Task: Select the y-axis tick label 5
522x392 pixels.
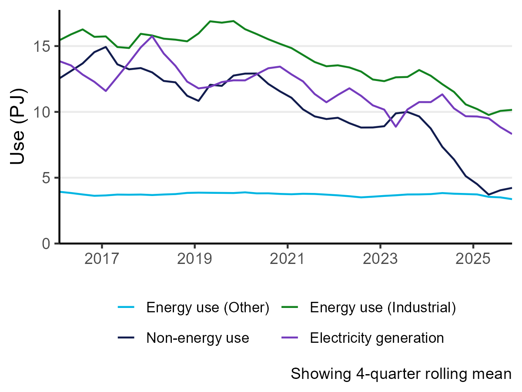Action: point(46,178)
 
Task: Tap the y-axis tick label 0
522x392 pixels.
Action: point(46,243)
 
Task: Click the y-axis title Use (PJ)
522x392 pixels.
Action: point(18,127)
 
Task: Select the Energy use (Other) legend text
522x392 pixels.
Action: point(208,308)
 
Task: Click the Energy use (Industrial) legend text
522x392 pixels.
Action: point(383,308)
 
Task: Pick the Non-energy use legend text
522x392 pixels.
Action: point(197,338)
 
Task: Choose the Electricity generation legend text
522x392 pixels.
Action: point(377,338)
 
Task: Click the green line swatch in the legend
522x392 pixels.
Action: point(290,308)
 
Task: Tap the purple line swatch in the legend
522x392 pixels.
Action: point(290,338)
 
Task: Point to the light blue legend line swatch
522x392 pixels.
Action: point(127,308)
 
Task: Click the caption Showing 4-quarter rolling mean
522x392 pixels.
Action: point(401,374)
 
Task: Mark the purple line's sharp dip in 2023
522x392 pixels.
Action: point(396,126)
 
